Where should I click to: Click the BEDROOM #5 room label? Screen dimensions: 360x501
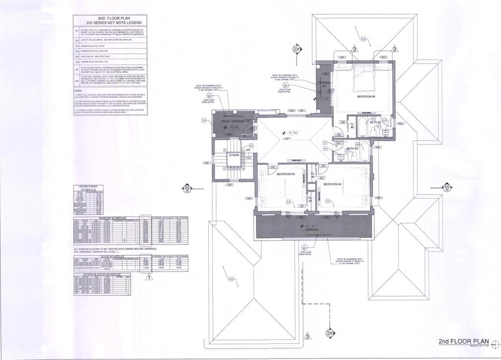(366, 96)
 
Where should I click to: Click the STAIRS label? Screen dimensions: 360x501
(233, 155)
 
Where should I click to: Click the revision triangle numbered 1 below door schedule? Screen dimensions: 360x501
(149, 277)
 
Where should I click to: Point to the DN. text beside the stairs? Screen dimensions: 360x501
(248, 150)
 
